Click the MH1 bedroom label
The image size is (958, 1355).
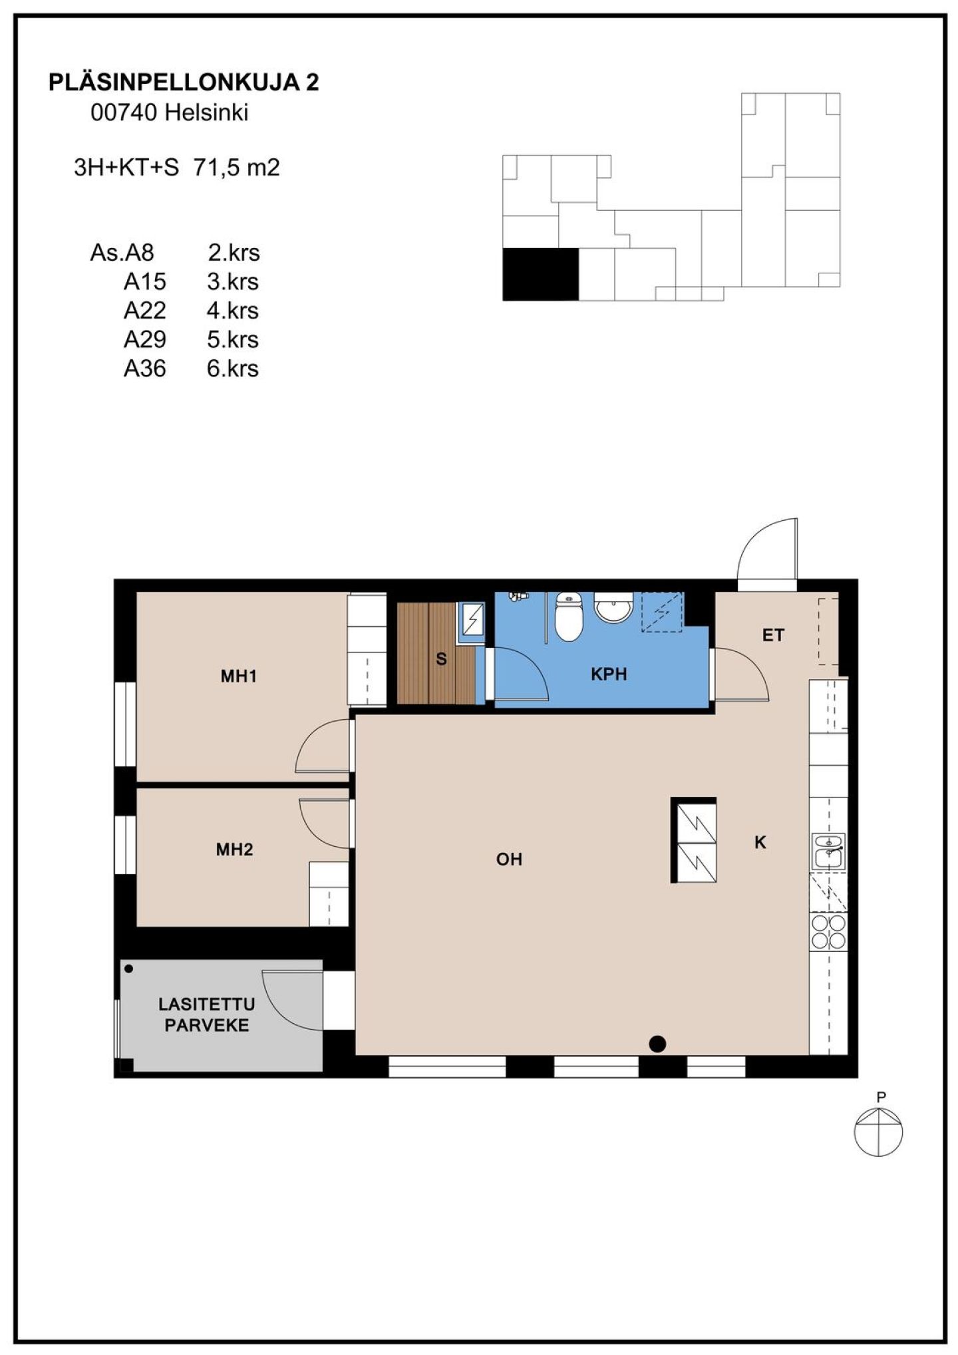click(x=239, y=677)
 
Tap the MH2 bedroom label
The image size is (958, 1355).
click(x=235, y=849)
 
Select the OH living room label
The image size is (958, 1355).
click(x=509, y=859)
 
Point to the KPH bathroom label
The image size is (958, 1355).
click(x=609, y=675)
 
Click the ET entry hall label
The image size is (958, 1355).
click(x=773, y=635)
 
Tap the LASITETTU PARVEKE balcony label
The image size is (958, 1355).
click(x=206, y=1014)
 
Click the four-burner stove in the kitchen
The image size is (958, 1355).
click(x=828, y=931)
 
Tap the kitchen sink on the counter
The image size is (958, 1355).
click(x=828, y=851)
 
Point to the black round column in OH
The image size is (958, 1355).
click(x=657, y=1044)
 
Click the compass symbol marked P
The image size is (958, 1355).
click(x=879, y=1131)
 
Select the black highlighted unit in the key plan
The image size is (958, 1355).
click(x=540, y=274)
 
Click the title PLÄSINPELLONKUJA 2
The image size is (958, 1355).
click(x=184, y=82)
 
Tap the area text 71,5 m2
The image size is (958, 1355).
click(x=236, y=168)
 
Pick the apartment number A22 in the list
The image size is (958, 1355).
click(x=145, y=311)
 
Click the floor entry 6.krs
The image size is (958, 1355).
click(x=232, y=369)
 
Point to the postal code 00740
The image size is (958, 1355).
click(x=124, y=113)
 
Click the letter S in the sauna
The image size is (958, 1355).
click(x=441, y=660)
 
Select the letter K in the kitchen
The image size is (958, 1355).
click(x=760, y=843)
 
